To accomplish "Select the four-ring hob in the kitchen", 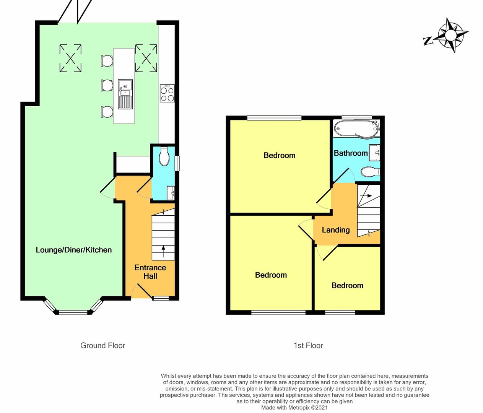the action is point(167,93).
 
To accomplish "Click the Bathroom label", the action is point(351,153).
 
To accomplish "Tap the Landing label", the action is point(336,230).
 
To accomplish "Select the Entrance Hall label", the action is point(150,272).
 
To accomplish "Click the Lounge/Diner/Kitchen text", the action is point(73,250).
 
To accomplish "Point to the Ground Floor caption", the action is point(103,345).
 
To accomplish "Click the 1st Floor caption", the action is point(308,345).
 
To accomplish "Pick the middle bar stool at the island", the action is point(107,85).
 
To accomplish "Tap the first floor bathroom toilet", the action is point(370,172).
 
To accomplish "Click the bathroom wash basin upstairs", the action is point(374,153).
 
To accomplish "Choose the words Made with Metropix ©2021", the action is point(294,408).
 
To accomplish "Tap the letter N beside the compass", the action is point(428,41).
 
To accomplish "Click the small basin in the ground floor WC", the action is point(171,193).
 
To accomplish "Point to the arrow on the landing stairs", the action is point(366,196).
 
